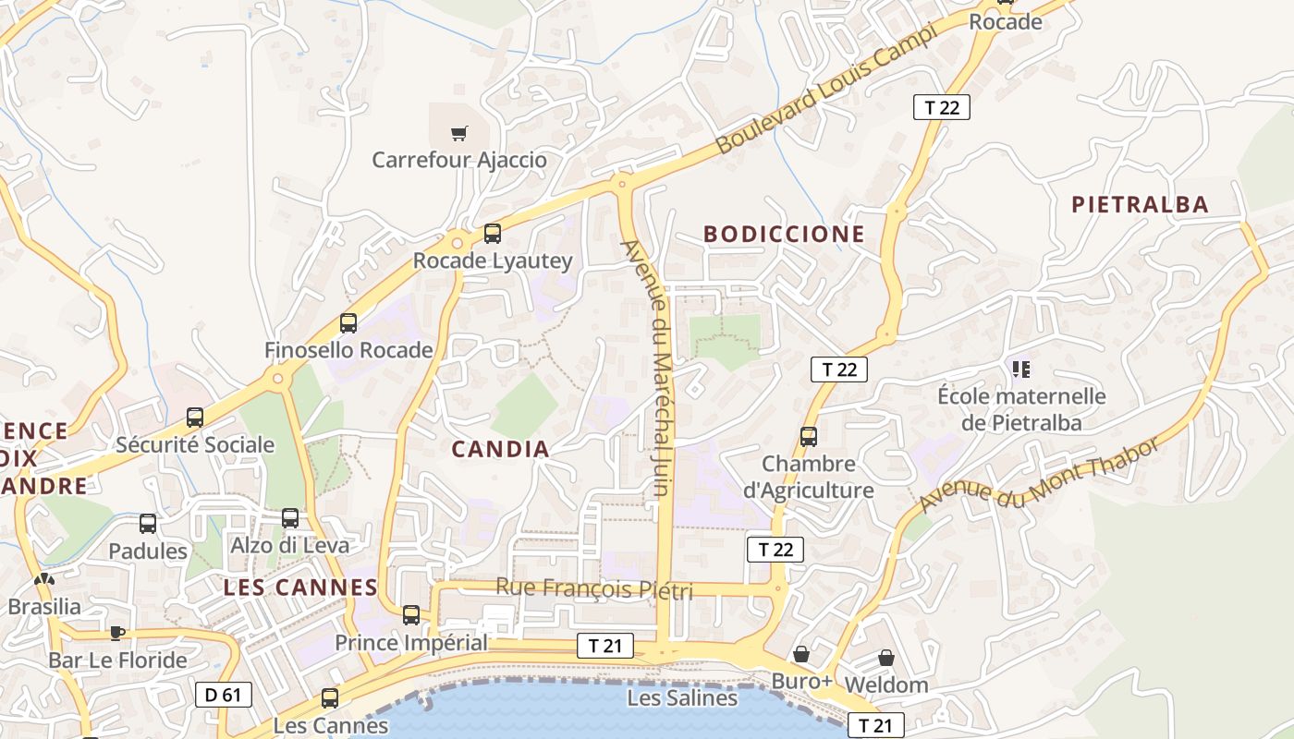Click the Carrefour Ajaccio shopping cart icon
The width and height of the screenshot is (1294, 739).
[x=459, y=134]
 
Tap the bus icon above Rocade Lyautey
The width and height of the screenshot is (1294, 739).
[x=493, y=234]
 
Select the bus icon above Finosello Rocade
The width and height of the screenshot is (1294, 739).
[x=348, y=323]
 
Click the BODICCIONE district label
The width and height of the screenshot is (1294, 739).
[x=784, y=235]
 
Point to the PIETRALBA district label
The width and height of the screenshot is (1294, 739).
[x=1140, y=205]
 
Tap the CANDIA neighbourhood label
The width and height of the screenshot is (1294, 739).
[x=500, y=450]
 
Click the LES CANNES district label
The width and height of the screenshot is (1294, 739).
[x=300, y=588]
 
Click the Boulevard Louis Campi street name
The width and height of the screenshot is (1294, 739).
[x=827, y=90]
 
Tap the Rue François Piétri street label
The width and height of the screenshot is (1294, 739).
[x=593, y=588]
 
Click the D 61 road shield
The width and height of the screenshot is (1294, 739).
[x=224, y=694]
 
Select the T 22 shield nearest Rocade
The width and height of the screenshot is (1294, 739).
[x=942, y=107]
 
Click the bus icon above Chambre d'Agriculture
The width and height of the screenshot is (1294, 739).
[x=809, y=436]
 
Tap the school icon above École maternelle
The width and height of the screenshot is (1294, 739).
[x=1021, y=369]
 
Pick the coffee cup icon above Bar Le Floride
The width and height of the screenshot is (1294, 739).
[x=116, y=633]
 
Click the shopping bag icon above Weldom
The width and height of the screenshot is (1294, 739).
[x=885, y=658]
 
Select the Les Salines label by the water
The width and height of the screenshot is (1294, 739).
[x=682, y=698]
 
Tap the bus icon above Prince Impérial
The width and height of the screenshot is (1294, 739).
[x=411, y=614]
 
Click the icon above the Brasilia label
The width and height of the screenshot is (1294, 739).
[x=43, y=579]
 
